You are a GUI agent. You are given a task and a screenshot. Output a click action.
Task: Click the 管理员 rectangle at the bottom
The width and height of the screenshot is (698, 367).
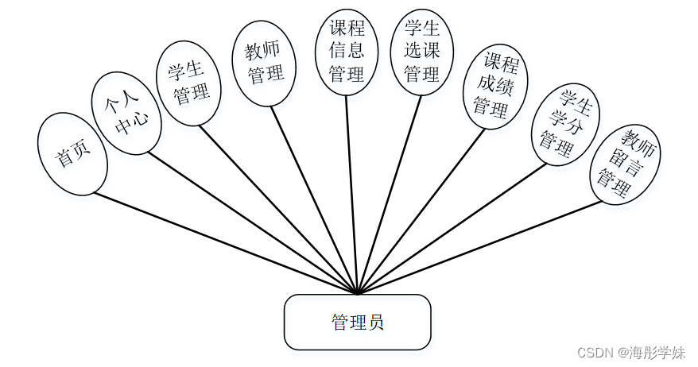click(x=357, y=322)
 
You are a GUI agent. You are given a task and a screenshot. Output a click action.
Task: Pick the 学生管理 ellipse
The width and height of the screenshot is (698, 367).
click(x=188, y=84)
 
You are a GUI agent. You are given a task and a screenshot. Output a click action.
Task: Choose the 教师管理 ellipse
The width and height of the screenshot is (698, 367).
click(x=264, y=64)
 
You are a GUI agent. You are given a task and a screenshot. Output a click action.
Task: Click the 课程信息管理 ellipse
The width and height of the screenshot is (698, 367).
click(x=346, y=51)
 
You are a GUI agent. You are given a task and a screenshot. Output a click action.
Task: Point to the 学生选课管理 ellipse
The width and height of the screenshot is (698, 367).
click(x=421, y=52)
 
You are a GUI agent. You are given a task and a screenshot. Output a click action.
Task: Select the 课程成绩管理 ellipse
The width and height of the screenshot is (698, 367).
click(x=495, y=84)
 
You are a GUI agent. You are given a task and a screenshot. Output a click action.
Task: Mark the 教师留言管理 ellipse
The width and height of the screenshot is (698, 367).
click(x=626, y=164)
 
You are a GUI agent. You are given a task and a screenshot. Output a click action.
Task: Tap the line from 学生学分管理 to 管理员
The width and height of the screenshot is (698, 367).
click(x=453, y=229)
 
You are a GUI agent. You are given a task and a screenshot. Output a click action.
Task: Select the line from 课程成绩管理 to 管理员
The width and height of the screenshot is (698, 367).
click(x=421, y=211)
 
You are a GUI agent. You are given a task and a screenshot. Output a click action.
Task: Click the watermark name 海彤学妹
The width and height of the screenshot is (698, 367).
click(x=657, y=353)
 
